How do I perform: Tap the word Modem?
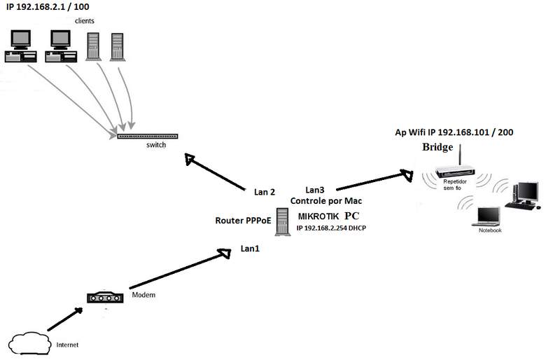(143, 295)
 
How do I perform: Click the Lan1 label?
(250, 248)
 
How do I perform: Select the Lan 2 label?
(265, 191)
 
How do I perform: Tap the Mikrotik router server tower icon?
(281, 221)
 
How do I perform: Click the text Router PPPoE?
(243, 221)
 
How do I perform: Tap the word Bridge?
(438, 148)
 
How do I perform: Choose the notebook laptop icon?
(488, 217)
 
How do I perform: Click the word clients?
(85, 21)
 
